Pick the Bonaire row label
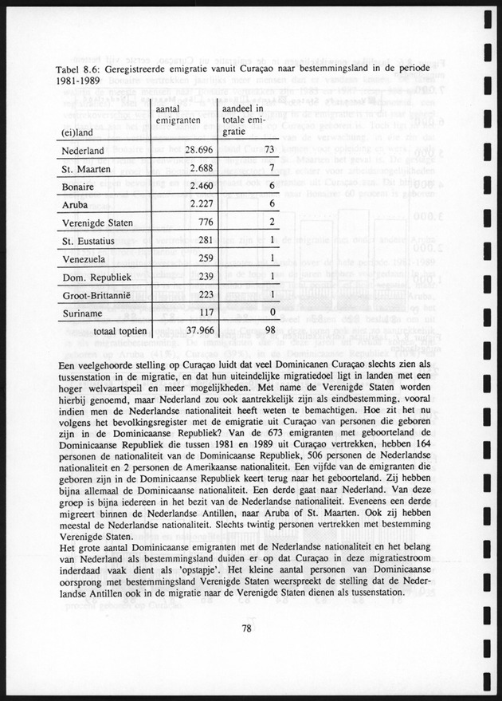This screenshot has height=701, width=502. click(78, 187)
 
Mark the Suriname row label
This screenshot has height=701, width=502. click(80, 313)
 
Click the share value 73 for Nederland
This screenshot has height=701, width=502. click(269, 150)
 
